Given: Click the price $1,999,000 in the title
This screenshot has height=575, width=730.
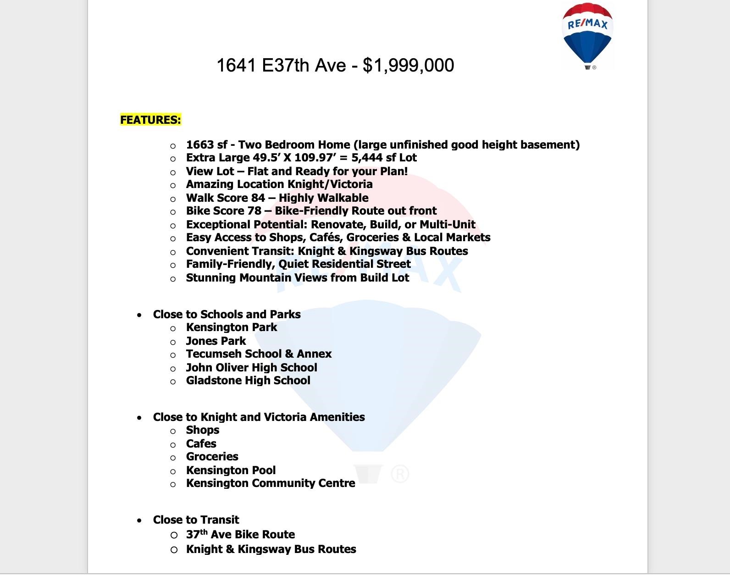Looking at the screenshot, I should (x=408, y=65).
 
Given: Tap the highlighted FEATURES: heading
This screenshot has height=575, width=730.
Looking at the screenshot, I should (x=150, y=120).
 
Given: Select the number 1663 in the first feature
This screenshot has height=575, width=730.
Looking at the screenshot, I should (x=200, y=145).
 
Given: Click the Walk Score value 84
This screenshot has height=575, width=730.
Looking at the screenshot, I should (x=258, y=198).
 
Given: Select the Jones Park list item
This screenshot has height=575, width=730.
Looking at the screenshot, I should (x=216, y=341).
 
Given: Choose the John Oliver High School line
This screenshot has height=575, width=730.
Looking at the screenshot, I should (x=251, y=368).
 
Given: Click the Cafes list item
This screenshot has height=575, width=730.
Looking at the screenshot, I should (x=201, y=444).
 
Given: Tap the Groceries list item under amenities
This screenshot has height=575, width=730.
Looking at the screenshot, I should (x=212, y=457).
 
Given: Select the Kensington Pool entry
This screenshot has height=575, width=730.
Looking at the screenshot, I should (x=231, y=470).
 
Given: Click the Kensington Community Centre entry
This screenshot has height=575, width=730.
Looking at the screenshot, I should (x=270, y=483).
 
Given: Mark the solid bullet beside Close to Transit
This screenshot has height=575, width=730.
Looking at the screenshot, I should (x=139, y=520).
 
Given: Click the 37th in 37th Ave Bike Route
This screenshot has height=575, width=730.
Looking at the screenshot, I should (x=196, y=535).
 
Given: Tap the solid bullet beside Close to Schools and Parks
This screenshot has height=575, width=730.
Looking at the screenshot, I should (x=139, y=315).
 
